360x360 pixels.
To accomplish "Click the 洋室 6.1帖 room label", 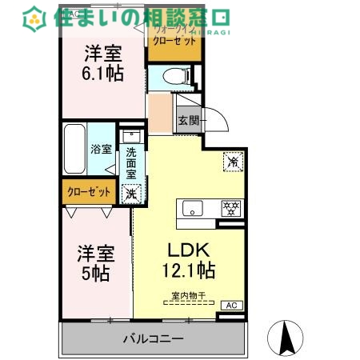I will (x=104, y=64).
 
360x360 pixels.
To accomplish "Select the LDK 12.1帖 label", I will (x=190, y=258).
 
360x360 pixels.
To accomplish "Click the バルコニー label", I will (x=153, y=338).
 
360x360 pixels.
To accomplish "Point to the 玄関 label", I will (x=189, y=121).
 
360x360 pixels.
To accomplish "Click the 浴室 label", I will (x=101, y=149).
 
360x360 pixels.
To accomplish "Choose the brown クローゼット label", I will (x=88, y=193).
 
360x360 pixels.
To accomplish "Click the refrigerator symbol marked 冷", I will (x=233, y=160).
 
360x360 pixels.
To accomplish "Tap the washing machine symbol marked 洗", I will (x=130, y=193).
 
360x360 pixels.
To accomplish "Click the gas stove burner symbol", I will (x=230, y=208).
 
